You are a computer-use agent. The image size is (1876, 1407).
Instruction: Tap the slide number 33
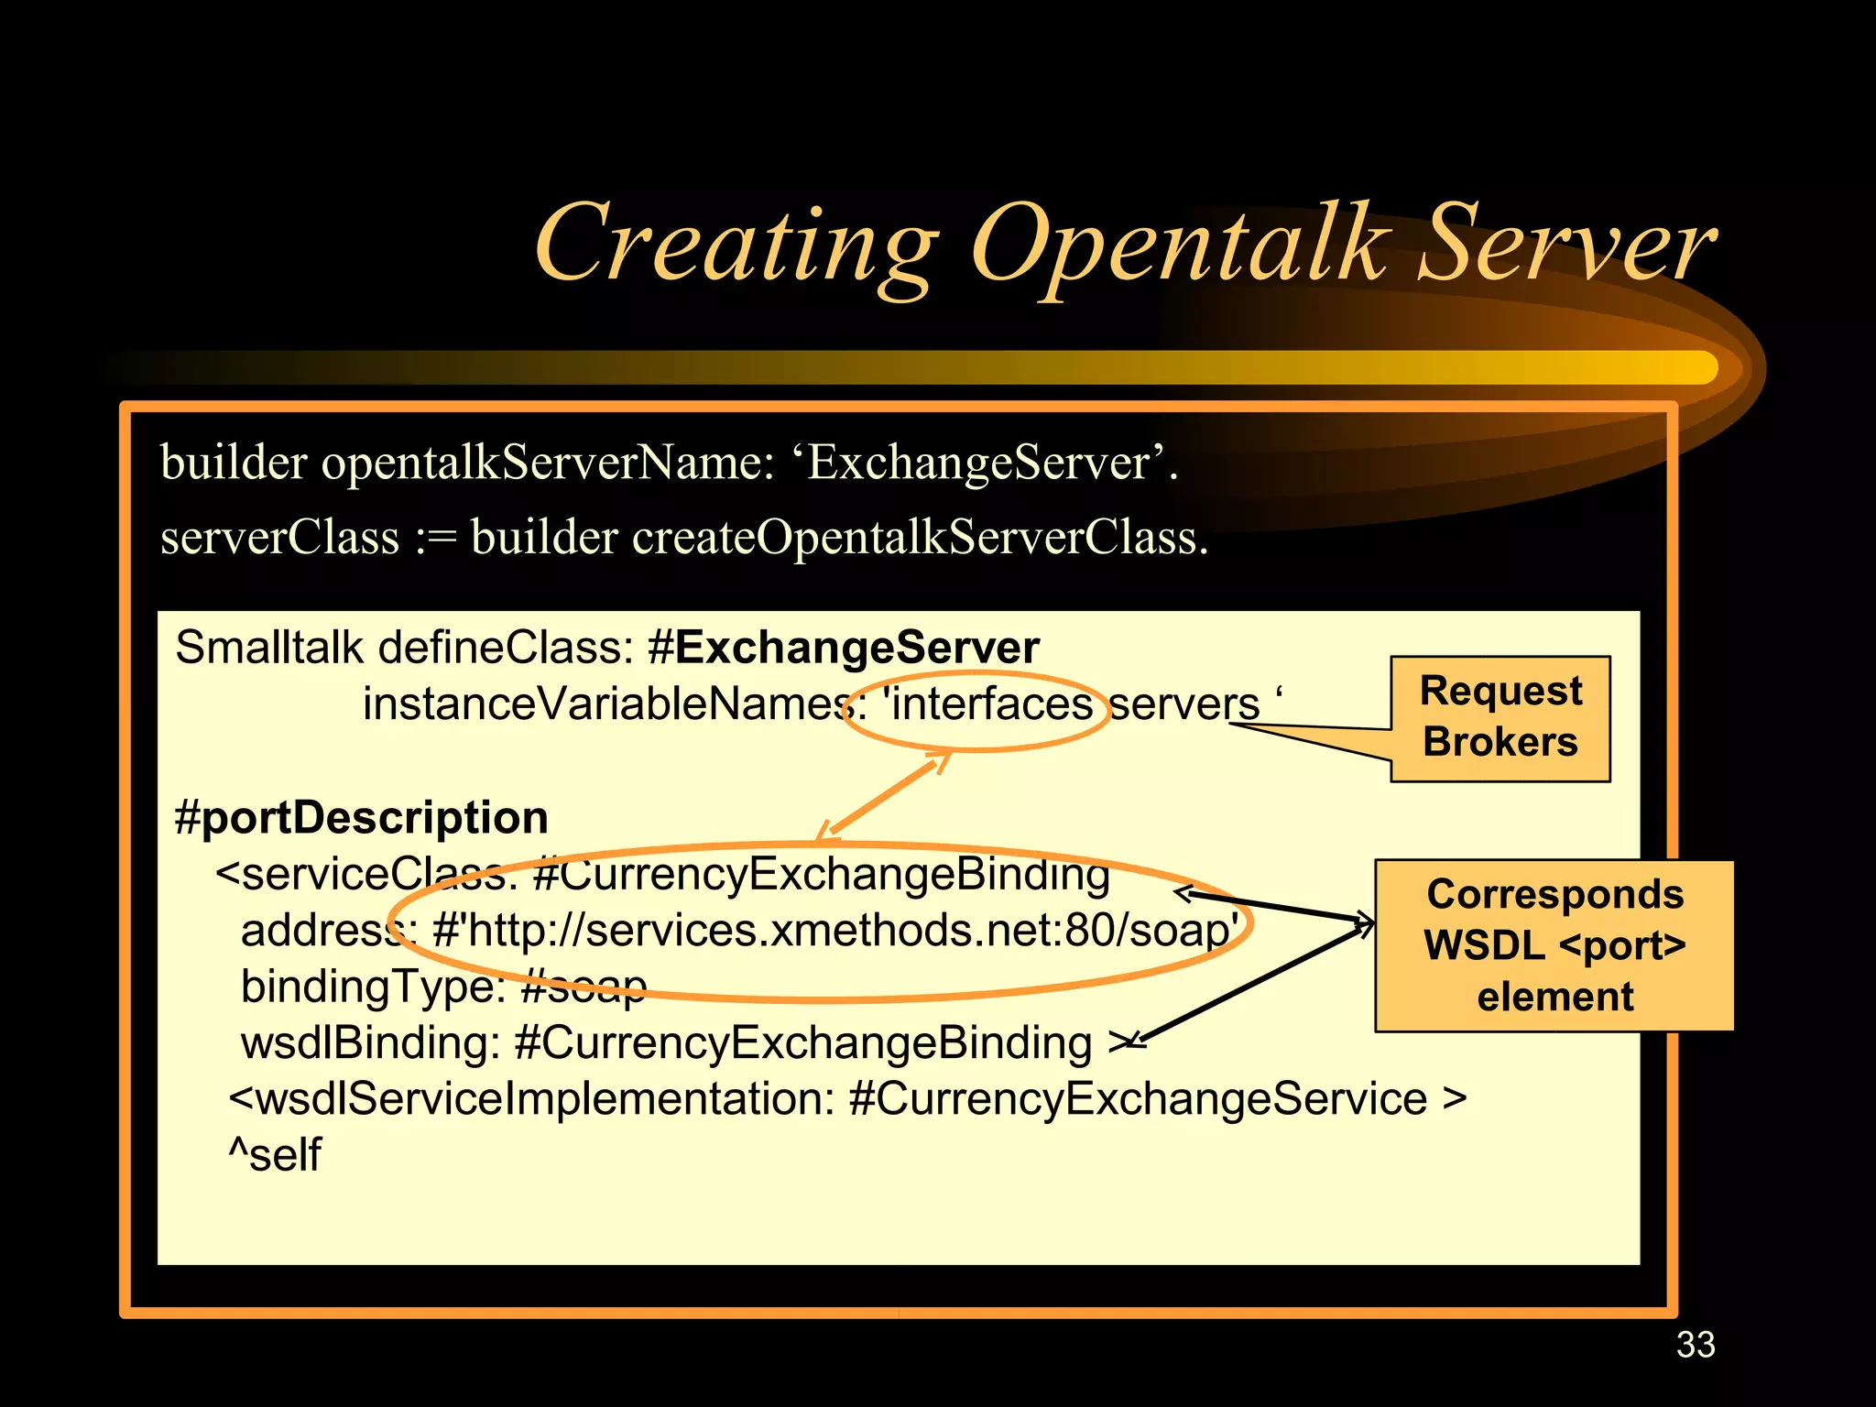[x=1695, y=1345]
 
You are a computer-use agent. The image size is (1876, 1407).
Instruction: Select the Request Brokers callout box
[x=1500, y=717]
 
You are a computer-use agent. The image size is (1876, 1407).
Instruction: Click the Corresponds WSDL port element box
[x=1554, y=945]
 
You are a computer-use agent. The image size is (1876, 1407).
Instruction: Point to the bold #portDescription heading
[x=361, y=817]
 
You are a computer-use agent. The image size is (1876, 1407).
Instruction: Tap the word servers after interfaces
[x=1183, y=704]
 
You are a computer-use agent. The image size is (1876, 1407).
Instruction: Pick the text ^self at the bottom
[x=275, y=1154]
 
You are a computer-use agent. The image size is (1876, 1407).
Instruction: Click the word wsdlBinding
[x=368, y=1043]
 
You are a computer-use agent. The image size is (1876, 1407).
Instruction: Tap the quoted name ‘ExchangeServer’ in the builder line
[x=980, y=462]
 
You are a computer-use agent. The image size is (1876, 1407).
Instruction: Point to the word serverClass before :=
[x=279, y=537]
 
